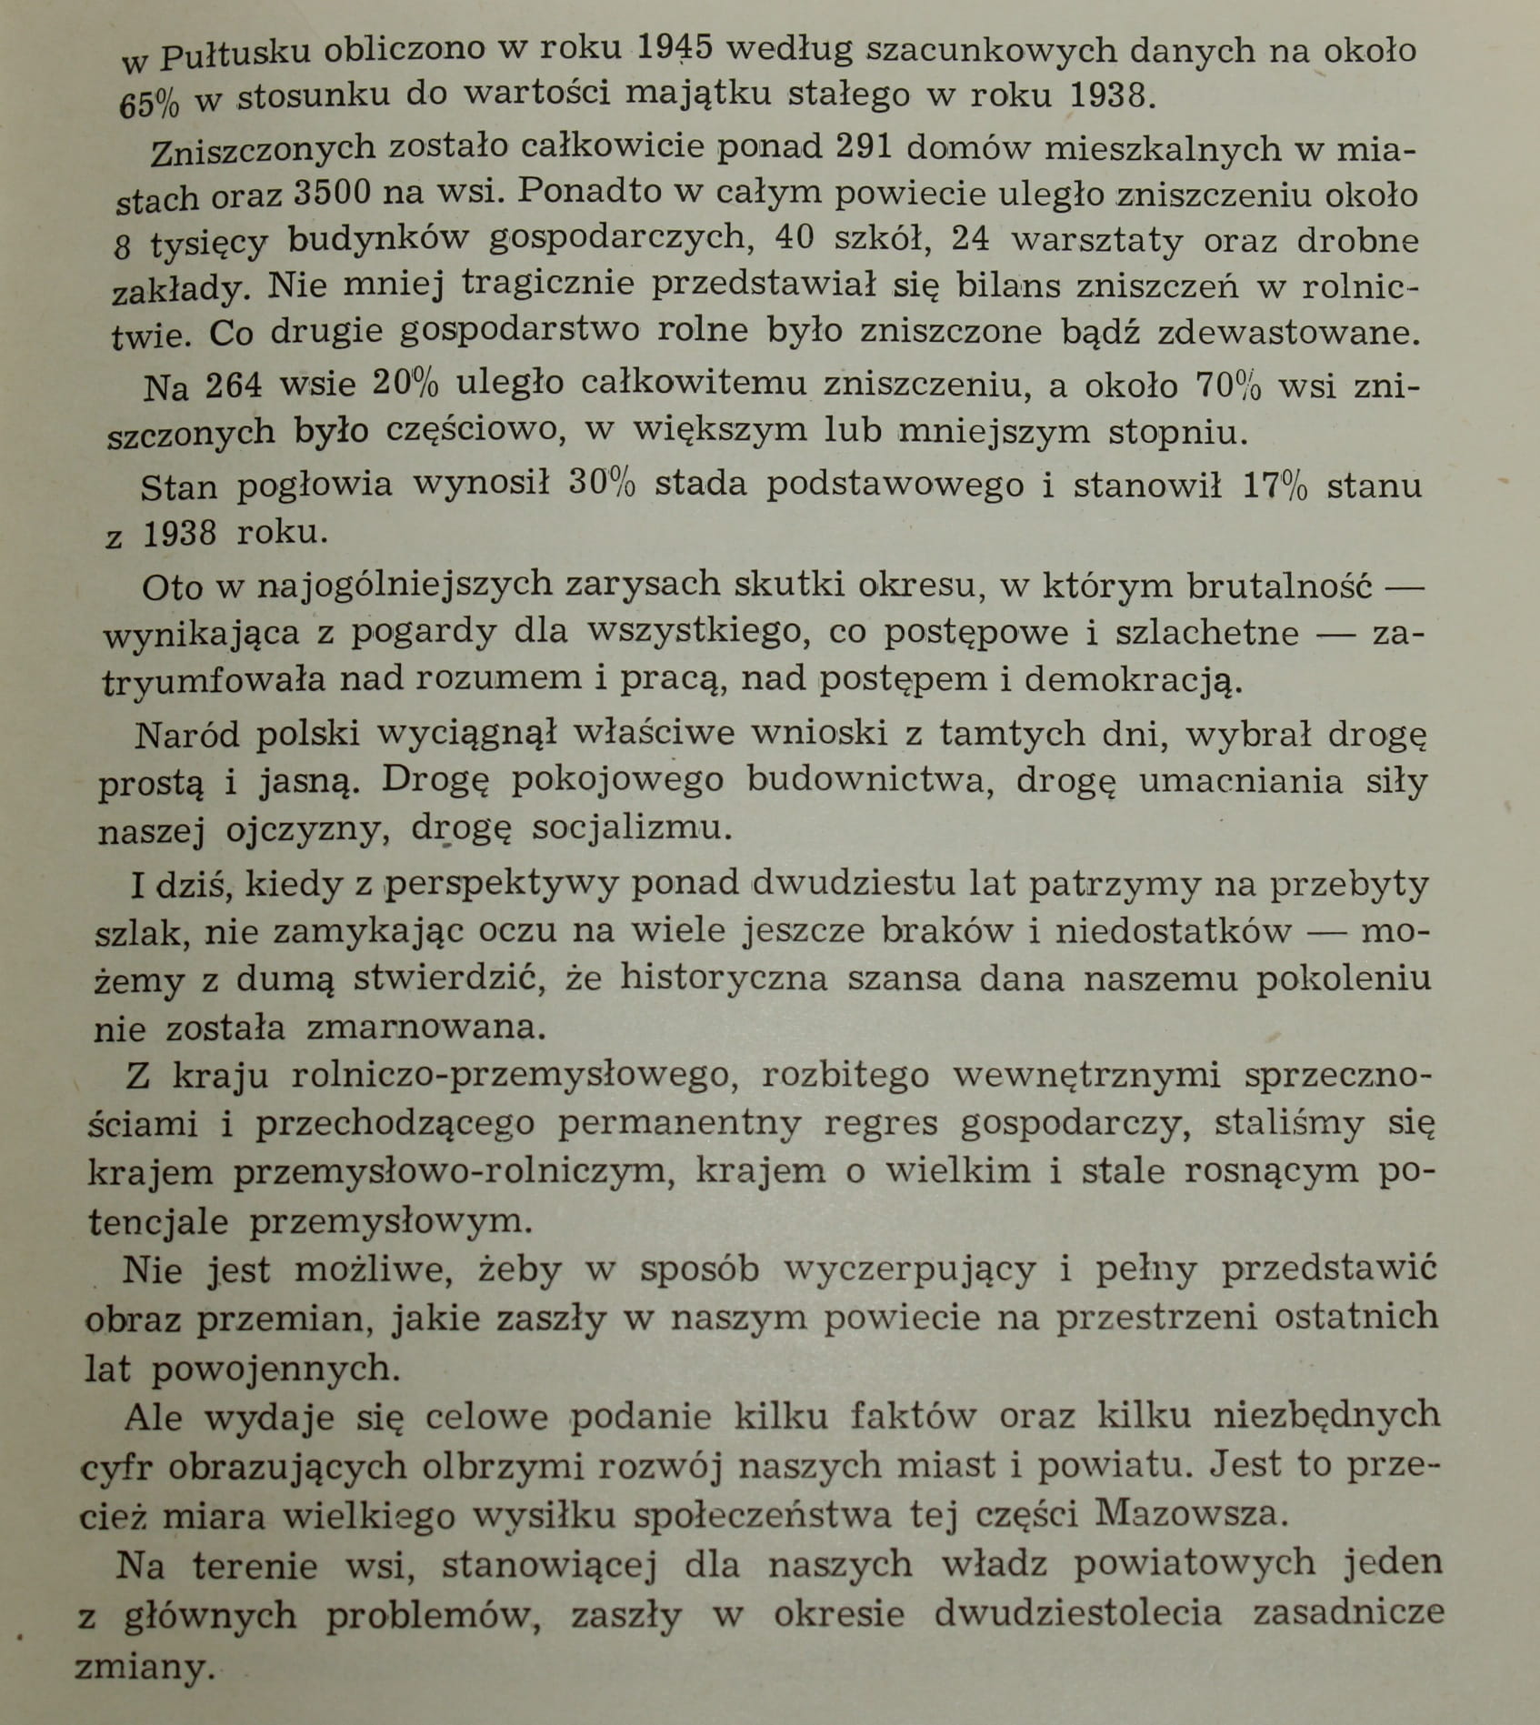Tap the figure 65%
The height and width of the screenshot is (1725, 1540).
coord(150,104)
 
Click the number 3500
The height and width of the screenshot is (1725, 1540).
coord(333,192)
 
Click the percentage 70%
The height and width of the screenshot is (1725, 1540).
coord(1228,386)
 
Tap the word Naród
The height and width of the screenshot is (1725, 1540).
coord(187,733)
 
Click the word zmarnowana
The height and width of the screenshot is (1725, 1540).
coord(426,1026)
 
